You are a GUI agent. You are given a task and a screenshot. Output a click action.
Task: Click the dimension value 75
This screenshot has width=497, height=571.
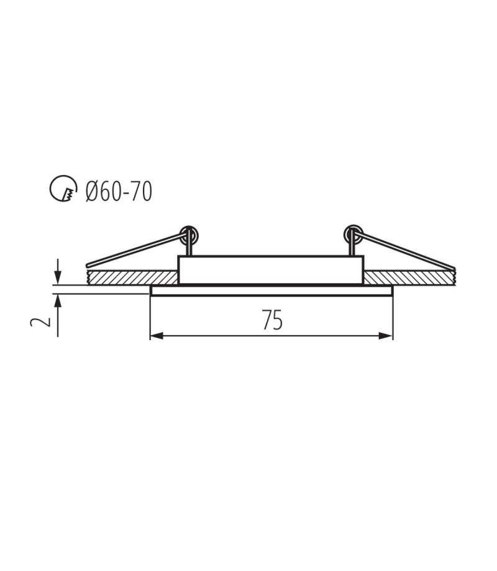pyautogui.click(x=273, y=320)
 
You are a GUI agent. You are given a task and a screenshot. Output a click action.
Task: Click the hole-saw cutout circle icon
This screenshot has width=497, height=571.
pyautogui.click(x=63, y=188)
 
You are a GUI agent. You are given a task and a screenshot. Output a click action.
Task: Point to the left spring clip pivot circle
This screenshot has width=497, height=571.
pyautogui.click(x=189, y=235)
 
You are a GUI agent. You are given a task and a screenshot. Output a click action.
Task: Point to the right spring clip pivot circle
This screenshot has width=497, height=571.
pyautogui.click(x=353, y=234)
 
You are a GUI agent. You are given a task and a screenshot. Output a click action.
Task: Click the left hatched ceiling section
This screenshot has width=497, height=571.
pyautogui.click(x=132, y=277)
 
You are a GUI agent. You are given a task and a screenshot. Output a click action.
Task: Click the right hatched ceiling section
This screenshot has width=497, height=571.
pyautogui.click(x=410, y=277)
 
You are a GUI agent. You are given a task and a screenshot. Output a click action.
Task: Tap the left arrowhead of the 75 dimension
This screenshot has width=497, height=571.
pyautogui.click(x=157, y=336)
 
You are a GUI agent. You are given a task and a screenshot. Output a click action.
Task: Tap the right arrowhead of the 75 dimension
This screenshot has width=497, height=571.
pyautogui.click(x=386, y=336)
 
